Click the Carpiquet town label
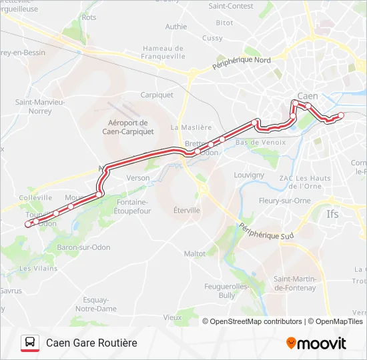157,95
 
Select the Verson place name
138,178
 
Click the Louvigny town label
250,175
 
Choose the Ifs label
332,215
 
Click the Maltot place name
195,253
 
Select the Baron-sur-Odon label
79,248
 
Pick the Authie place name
176,27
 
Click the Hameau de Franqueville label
163,53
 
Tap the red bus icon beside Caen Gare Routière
29,343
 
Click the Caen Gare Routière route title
91,343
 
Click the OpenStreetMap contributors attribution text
256,321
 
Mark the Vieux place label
172,317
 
